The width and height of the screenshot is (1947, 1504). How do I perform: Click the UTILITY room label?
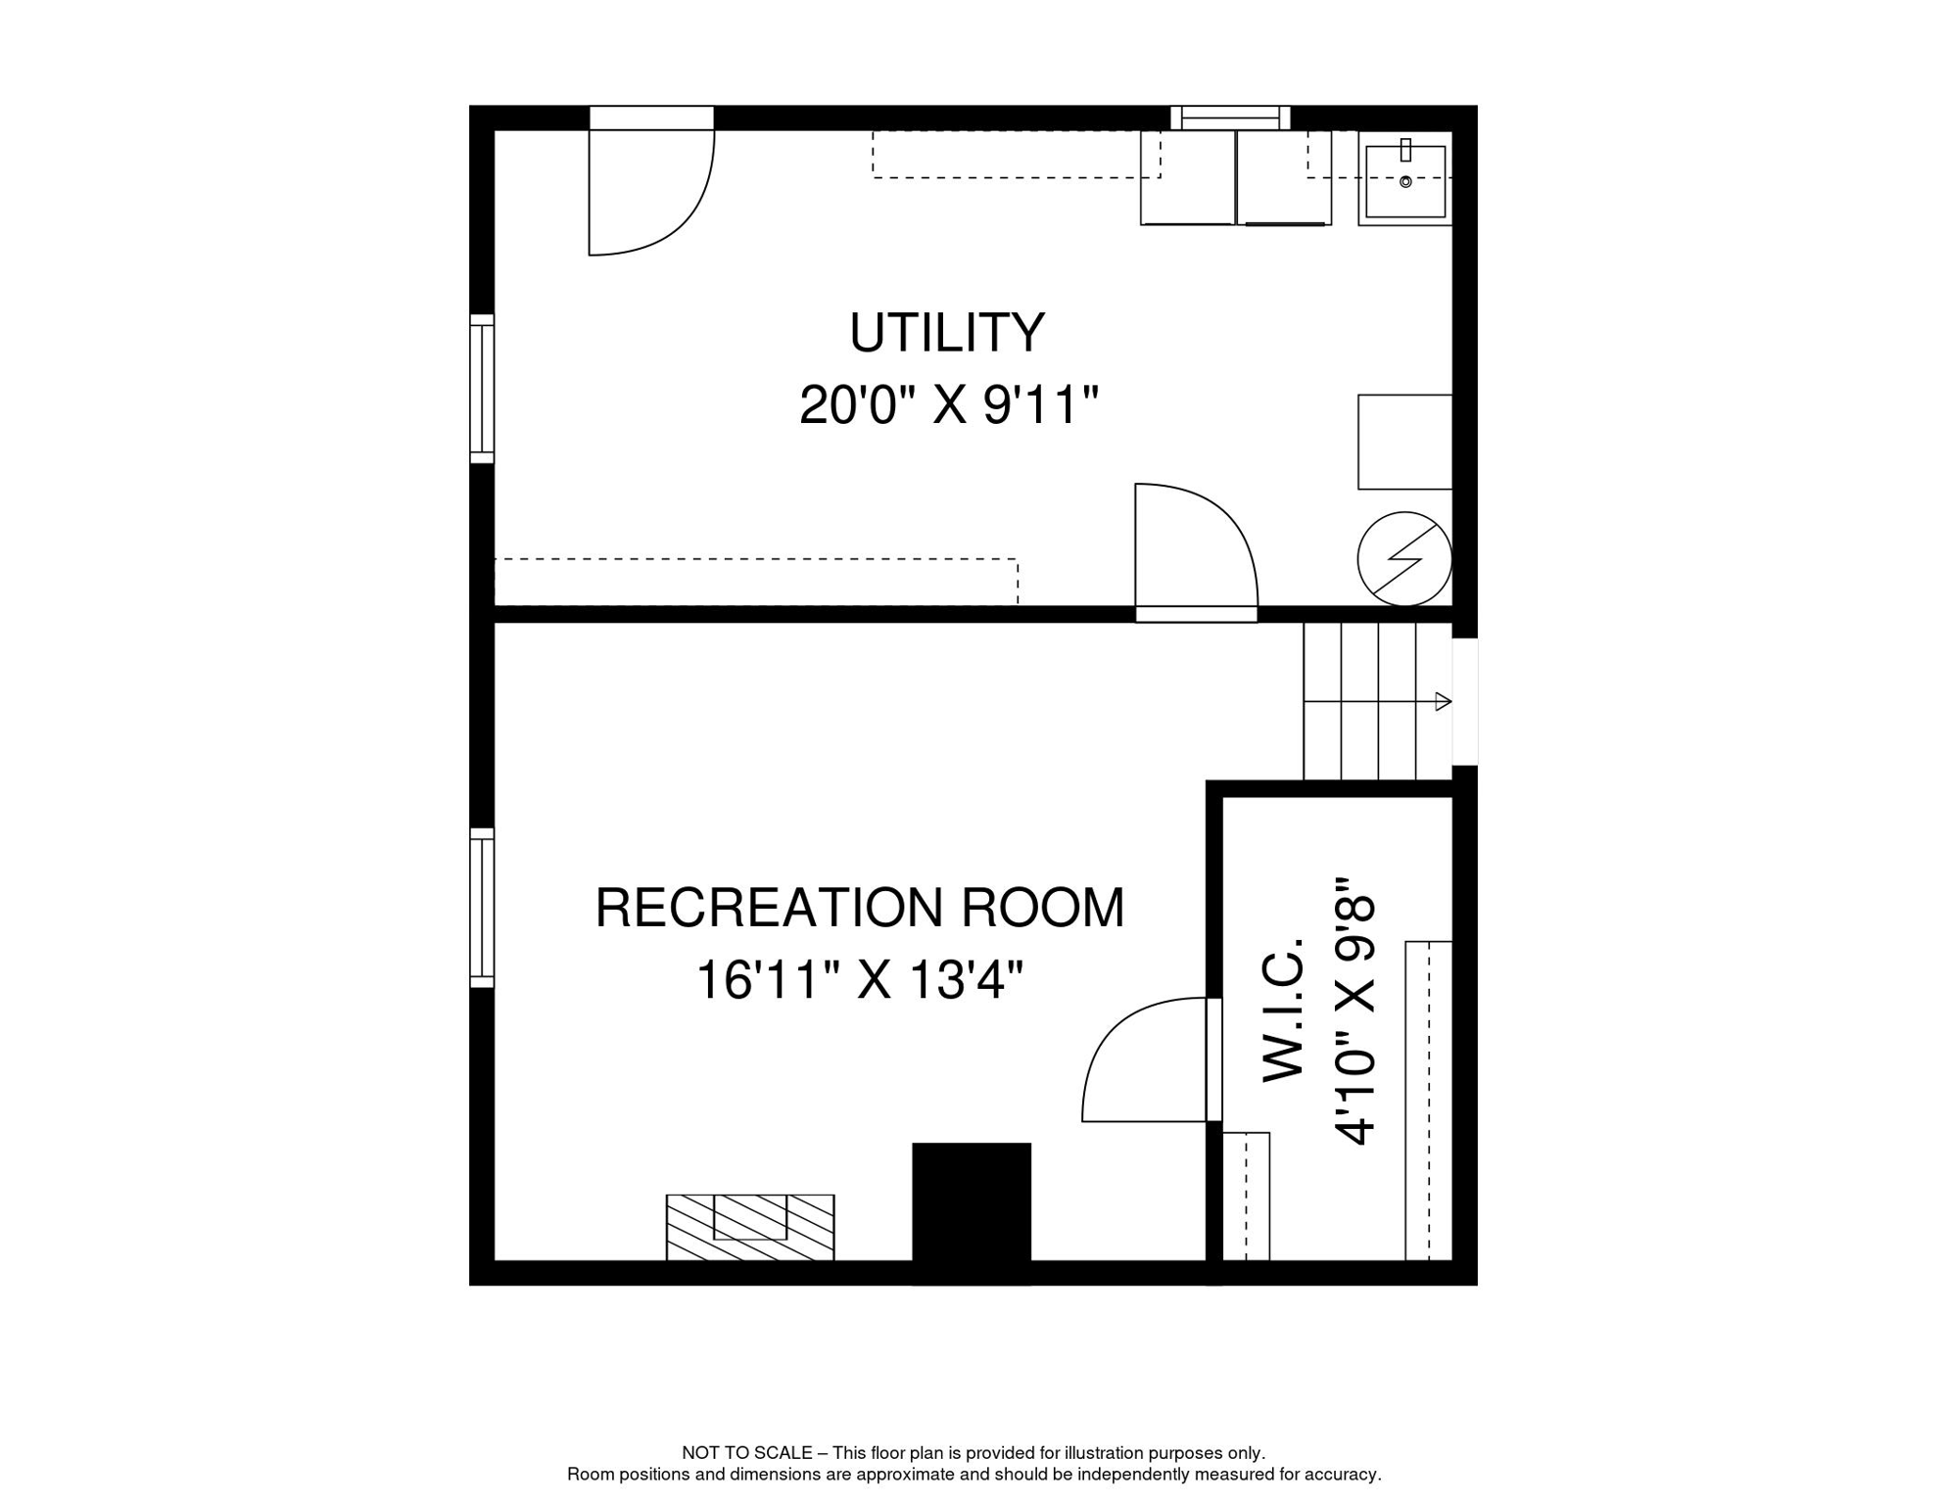947,333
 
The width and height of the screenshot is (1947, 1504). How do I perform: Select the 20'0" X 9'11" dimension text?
949,404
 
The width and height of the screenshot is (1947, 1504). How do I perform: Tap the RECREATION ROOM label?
860,908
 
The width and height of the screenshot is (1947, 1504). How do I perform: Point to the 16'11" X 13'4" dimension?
859,979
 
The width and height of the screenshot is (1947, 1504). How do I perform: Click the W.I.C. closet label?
1284,1010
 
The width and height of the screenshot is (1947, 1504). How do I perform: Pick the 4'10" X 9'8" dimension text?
1354,1010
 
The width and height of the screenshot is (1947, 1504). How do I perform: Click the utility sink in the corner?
1404,179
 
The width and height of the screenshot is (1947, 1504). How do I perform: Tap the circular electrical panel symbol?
1404,559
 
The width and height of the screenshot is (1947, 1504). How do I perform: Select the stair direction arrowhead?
1443,701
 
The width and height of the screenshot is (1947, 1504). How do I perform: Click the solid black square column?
972,1212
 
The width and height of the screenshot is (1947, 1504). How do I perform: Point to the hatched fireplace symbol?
750,1227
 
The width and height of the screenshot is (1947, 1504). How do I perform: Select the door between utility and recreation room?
1196,552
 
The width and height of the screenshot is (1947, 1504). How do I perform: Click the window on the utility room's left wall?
482,389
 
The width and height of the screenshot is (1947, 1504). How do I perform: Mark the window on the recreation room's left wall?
482,908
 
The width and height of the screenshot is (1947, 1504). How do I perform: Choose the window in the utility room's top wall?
1230,117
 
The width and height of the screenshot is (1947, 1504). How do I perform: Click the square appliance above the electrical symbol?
1404,442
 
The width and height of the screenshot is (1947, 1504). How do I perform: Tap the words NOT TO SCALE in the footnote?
747,1453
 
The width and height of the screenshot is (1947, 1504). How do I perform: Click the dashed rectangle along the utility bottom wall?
756,582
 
